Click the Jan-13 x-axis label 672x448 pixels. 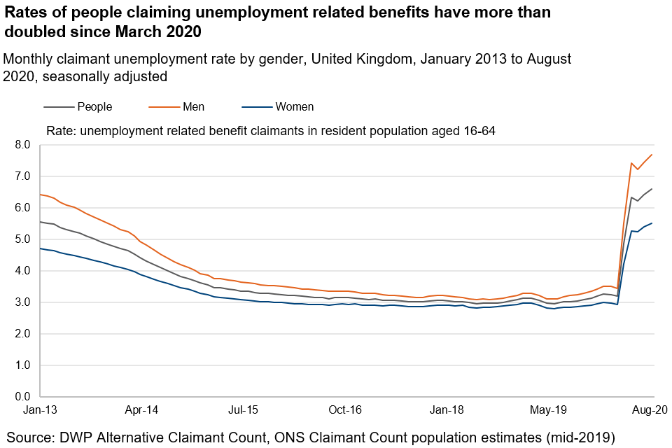pyautogui.click(x=40, y=410)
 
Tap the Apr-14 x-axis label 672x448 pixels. pyautogui.click(x=142, y=410)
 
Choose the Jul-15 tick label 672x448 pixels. pyautogui.click(x=244, y=410)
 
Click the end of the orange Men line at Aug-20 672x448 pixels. pyautogui.click(x=652, y=155)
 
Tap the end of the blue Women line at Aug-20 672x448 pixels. pyautogui.click(x=652, y=223)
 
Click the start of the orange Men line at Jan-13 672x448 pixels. pyautogui.click(x=41, y=195)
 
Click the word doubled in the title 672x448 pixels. pyautogui.click(x=34, y=31)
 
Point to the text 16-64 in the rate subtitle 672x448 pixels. pyautogui.click(x=479, y=130)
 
